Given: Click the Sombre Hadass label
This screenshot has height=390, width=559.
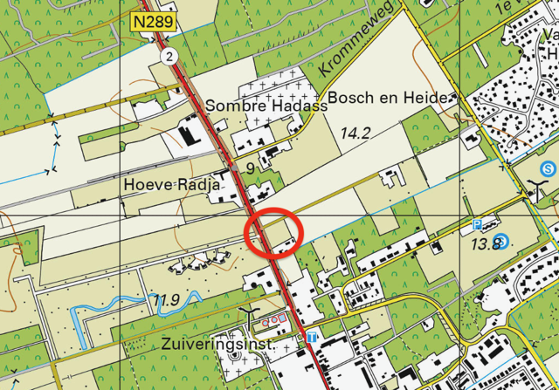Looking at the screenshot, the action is (x=266, y=106).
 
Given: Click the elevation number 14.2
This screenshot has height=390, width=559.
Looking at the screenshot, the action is (x=355, y=133).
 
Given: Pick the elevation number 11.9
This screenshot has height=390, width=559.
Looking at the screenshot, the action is (x=164, y=300).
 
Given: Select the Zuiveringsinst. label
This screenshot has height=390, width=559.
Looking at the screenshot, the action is (x=218, y=346).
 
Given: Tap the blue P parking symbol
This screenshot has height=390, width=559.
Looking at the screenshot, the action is (x=477, y=225).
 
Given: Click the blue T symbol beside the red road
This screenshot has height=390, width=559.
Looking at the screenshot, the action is (x=310, y=337).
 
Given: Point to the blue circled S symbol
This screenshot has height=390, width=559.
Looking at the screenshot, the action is (x=548, y=168).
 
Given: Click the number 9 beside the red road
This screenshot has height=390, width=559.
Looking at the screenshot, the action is (x=251, y=168).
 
